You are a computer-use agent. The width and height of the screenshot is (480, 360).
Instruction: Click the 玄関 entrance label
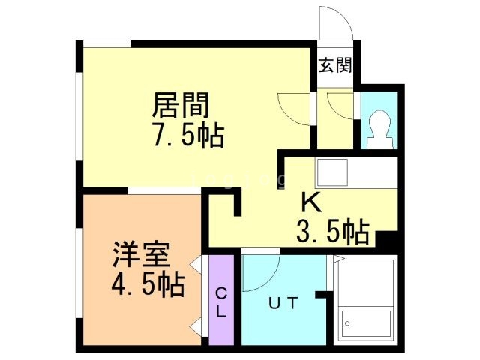coord(335,65)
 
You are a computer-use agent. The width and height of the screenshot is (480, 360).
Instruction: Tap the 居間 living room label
coord(181,105)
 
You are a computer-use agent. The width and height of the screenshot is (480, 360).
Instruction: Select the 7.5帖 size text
coord(189,135)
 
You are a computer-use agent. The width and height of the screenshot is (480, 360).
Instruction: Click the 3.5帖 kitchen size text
coord(333,232)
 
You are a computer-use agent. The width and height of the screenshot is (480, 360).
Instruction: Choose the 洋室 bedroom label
coord(141,255)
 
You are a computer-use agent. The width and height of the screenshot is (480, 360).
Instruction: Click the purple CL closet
coord(221,300)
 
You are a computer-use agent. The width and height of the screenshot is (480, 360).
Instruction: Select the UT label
coord(283,303)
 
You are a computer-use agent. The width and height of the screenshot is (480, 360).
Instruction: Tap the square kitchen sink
coord(332,172)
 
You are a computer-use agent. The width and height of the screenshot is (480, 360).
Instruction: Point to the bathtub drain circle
coord(347,323)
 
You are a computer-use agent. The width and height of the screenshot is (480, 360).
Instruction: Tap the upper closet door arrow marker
coord(196,262)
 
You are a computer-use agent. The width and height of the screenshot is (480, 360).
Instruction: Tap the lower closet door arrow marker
coord(196,327)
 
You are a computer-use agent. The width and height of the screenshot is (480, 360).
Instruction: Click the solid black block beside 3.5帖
coord(386,238)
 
